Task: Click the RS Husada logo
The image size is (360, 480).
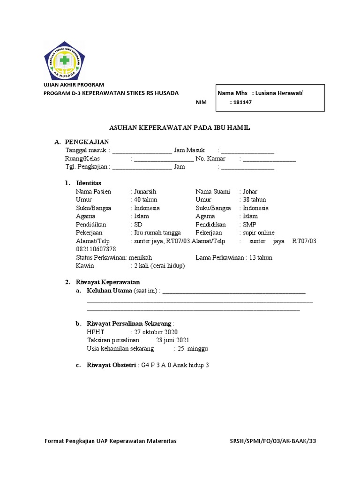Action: point(65,60)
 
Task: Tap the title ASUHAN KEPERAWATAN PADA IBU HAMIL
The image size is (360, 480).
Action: point(180,127)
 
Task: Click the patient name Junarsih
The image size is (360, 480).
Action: point(145,191)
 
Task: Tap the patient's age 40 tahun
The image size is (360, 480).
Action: point(145,200)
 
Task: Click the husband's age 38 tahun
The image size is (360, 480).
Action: point(254,200)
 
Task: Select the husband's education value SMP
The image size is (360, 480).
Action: point(249,225)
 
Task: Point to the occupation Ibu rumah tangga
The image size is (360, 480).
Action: point(157,233)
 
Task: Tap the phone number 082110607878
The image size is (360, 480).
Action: point(96,249)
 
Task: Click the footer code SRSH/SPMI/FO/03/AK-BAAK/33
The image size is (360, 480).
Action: point(276,441)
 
